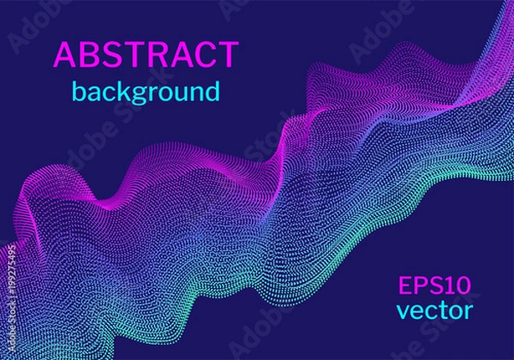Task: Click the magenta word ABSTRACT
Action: (x=146, y=55)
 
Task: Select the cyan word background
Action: (x=146, y=91)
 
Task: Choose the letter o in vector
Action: (x=452, y=310)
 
